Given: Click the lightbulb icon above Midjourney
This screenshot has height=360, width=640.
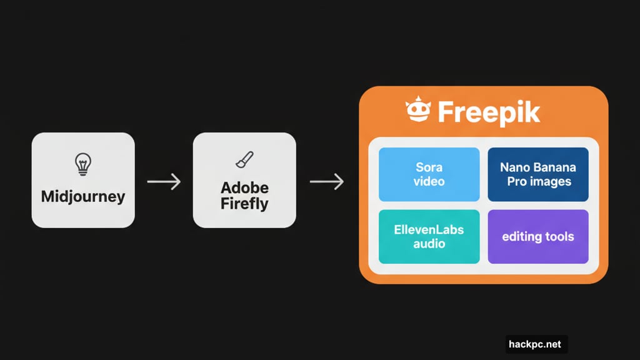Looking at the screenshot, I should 82,164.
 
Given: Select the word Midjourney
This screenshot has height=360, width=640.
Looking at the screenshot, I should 83,197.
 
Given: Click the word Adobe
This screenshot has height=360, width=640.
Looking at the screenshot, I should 244,188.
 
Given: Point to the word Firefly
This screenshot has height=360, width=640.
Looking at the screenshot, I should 244,204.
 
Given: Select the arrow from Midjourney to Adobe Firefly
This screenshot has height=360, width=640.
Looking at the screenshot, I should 163,182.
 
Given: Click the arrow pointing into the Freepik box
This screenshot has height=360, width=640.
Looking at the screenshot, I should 326,182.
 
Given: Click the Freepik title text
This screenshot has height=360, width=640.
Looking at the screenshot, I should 488,112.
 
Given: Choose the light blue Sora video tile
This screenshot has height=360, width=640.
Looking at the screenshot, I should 429,174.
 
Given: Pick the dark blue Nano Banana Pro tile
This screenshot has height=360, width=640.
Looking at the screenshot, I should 537,174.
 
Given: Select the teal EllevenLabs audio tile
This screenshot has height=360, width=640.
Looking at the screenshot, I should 429,236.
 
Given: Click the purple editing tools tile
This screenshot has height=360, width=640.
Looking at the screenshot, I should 537,236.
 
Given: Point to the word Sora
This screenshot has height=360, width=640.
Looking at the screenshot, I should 429,167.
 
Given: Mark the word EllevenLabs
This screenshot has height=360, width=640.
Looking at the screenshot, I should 429,229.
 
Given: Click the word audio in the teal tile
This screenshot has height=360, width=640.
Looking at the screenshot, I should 429,244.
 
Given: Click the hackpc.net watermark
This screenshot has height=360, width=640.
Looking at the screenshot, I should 536,344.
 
